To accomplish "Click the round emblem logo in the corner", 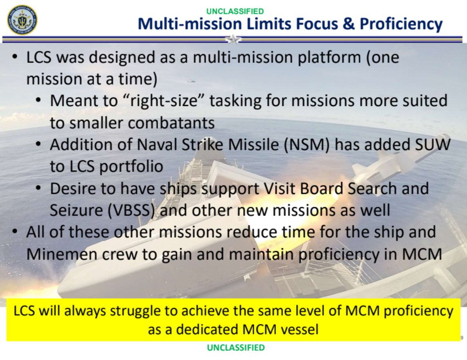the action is click(22, 20).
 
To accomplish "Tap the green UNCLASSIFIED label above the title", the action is click(235, 11).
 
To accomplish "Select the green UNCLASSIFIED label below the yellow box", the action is click(235, 347).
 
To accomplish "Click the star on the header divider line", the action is click(233, 39).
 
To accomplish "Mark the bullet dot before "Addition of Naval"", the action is click(38, 145).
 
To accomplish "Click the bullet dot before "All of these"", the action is click(14, 232).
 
